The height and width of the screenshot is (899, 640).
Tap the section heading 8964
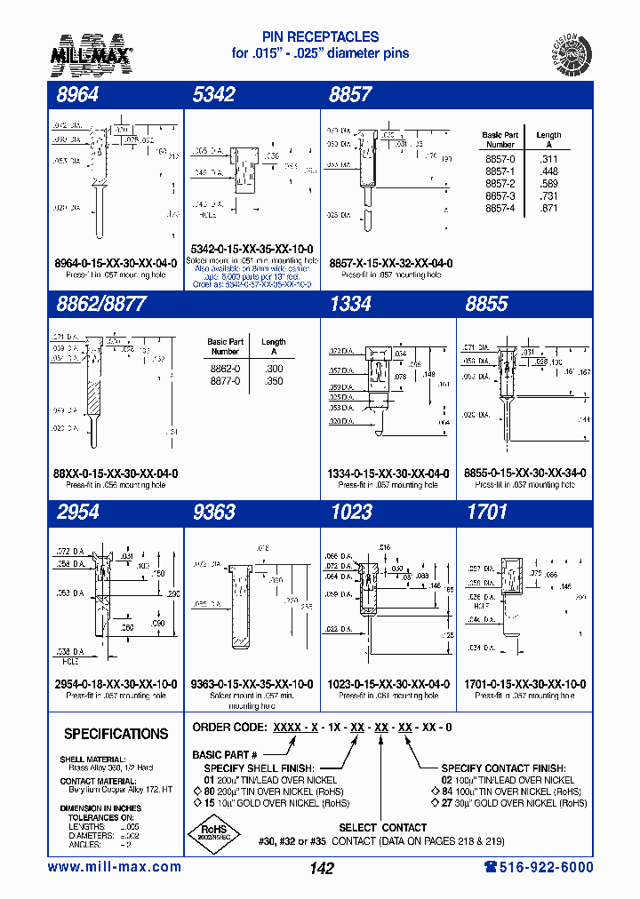tap(77, 95)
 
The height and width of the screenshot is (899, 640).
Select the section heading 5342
tap(213, 95)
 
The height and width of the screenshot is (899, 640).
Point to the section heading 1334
tap(349, 304)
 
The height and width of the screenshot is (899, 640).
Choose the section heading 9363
tap(213, 513)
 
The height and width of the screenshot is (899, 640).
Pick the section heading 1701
tap(486, 513)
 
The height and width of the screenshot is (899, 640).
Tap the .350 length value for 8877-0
tap(273, 380)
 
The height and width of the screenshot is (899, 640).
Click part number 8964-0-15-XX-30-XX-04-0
tap(116, 264)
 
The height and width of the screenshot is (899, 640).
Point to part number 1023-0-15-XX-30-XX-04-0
tap(388, 685)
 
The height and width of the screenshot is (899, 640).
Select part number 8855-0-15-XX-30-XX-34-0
tap(524, 474)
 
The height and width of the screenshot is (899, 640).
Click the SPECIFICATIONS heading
tap(116, 734)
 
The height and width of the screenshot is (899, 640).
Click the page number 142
tap(321, 868)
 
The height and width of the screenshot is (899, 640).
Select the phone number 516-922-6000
tap(538, 867)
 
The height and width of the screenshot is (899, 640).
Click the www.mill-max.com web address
tap(114, 867)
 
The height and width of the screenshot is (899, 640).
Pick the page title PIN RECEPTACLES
tap(321, 37)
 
